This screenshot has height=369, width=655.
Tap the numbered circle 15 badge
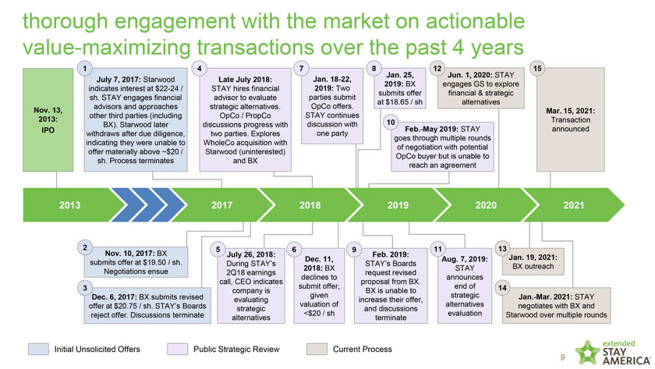536,68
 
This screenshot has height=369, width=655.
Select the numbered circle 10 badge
389,122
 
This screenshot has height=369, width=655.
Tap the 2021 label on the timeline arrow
573,206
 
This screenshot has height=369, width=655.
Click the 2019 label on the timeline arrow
398,206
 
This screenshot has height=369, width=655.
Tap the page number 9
561,358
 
